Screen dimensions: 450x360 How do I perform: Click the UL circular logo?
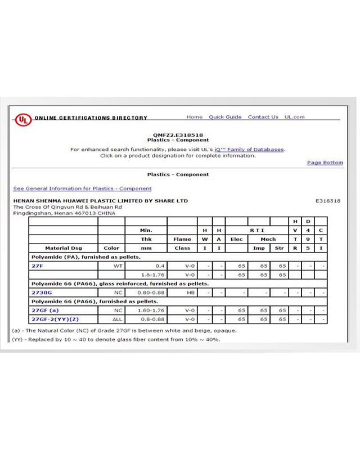pos(23,119)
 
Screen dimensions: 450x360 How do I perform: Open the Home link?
pos(195,117)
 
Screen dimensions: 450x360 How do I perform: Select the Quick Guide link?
pos(225,117)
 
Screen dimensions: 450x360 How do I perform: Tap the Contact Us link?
pos(263,117)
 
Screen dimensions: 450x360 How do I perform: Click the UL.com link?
pos(294,117)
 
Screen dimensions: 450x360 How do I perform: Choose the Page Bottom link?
pos(325,163)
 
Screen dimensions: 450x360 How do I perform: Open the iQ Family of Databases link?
pos(249,150)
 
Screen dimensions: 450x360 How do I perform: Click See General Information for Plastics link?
pos(82,188)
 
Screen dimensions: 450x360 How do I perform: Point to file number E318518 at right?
pos(328,201)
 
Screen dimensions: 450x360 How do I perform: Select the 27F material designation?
pos(37,265)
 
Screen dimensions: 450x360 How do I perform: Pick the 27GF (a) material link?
pos(45,310)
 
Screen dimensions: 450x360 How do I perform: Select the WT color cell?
pos(118,265)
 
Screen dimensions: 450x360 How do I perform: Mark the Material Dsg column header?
pos(64,247)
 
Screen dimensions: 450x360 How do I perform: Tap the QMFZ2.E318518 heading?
pos(178,135)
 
